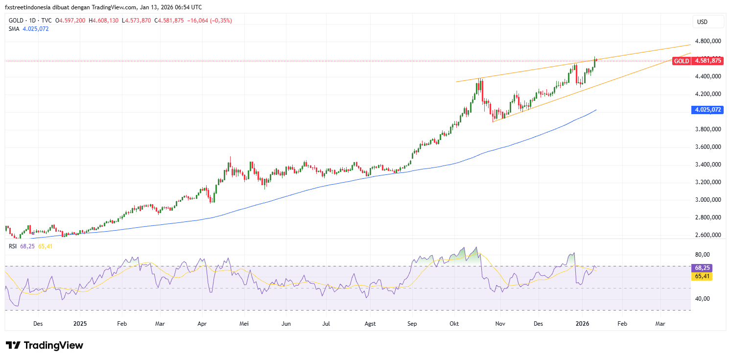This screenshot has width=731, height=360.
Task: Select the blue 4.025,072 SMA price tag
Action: tap(707, 110)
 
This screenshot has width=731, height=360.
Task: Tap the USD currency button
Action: tap(703, 22)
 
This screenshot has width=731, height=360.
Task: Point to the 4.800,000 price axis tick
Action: tap(707, 41)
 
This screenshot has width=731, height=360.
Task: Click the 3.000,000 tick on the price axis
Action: tap(707, 200)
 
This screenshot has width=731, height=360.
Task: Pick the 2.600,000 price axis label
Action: tap(707, 235)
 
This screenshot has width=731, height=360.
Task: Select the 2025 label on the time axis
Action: tap(80, 324)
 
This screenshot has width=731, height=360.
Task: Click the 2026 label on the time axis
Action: tap(582, 324)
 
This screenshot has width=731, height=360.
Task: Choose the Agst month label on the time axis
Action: tap(371, 324)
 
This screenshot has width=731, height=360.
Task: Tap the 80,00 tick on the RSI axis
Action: tap(703, 255)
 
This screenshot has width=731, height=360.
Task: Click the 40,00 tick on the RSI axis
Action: tap(703, 299)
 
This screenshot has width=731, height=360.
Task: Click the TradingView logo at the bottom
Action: tap(45, 345)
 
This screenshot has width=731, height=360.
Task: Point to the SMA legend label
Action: tap(14, 28)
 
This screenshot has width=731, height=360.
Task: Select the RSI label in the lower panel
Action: tap(13, 246)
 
